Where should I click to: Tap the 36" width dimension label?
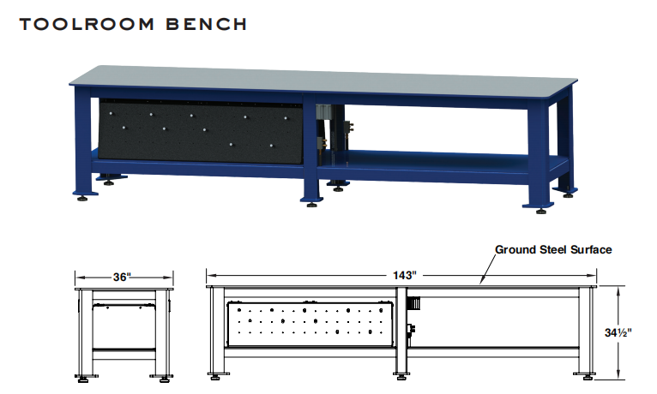coord(123,277)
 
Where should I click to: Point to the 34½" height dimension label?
coord(637,331)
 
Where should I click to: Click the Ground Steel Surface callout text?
coord(553,250)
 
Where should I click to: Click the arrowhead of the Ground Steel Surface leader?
coord(483,284)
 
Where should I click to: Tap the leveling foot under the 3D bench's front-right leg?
coord(540,208)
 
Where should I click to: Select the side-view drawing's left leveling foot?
coord(85,377)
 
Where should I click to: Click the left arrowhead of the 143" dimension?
coord(208,275)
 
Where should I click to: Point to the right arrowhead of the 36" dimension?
coord(172,277)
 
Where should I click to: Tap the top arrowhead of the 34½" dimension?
coord(618,290)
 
